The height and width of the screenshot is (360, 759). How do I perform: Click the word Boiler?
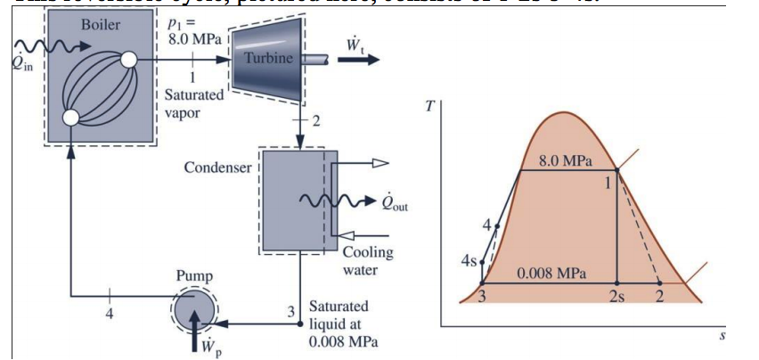tap(99, 24)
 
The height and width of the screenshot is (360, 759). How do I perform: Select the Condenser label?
tap(217, 168)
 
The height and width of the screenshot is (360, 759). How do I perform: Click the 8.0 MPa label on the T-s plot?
tap(565, 160)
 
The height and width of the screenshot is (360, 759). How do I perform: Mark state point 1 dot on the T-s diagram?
tap(616, 170)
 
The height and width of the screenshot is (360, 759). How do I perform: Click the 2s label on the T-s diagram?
tap(618, 297)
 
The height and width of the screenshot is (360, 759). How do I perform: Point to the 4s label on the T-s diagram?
tap(469, 260)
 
